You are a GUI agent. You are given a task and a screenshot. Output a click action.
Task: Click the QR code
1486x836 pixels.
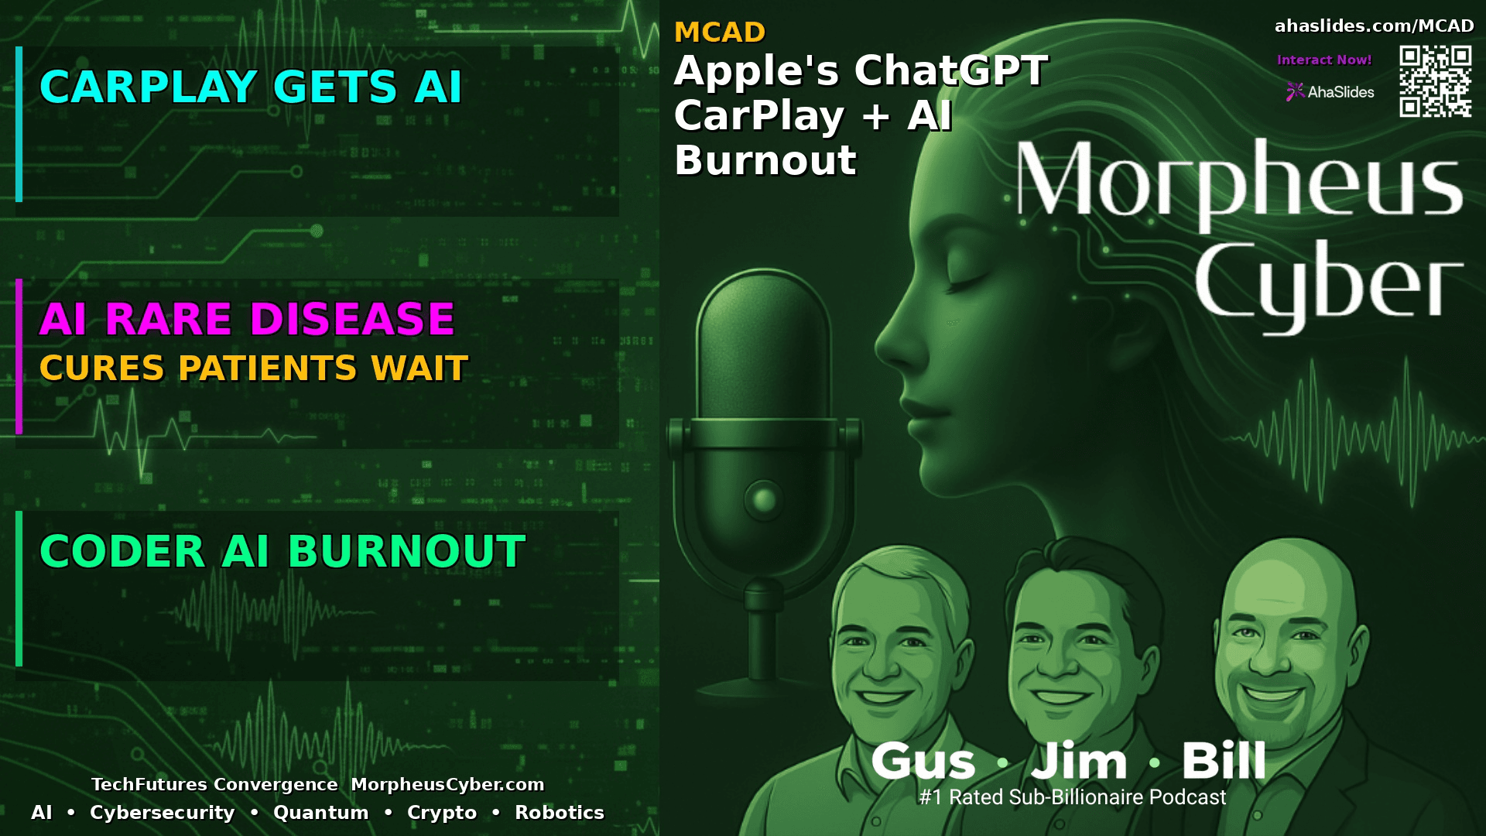(x=1435, y=81)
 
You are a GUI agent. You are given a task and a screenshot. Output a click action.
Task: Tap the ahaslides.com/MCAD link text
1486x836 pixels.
(x=1374, y=26)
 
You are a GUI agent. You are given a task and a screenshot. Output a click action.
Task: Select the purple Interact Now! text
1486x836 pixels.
(x=1323, y=60)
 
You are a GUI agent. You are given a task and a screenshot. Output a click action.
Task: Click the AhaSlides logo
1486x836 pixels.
(x=1330, y=92)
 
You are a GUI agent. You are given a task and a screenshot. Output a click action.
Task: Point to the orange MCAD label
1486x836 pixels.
(x=719, y=33)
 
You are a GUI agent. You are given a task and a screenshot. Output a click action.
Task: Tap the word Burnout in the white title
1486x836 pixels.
(x=765, y=161)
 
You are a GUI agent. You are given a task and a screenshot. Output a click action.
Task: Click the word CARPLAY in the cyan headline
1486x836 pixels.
(x=148, y=87)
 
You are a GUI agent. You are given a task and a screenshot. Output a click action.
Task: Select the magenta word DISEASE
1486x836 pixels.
(x=351, y=319)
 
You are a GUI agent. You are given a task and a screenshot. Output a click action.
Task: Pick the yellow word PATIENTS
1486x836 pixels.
(x=268, y=368)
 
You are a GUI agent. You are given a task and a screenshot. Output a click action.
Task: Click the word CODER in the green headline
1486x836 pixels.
(x=122, y=552)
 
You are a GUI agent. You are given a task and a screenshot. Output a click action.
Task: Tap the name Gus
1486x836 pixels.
(x=923, y=761)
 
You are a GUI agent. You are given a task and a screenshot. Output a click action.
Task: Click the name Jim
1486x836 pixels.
(x=1079, y=761)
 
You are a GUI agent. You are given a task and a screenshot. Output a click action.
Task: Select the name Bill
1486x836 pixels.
(x=1223, y=761)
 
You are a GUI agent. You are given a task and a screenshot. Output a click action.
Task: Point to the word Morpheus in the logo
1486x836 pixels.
(x=1238, y=182)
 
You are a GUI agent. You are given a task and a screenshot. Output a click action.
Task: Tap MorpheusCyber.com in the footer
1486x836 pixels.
(x=447, y=784)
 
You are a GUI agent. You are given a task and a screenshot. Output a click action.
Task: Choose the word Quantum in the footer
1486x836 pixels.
(x=320, y=813)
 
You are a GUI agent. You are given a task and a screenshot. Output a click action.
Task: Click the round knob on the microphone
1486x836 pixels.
(x=764, y=499)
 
